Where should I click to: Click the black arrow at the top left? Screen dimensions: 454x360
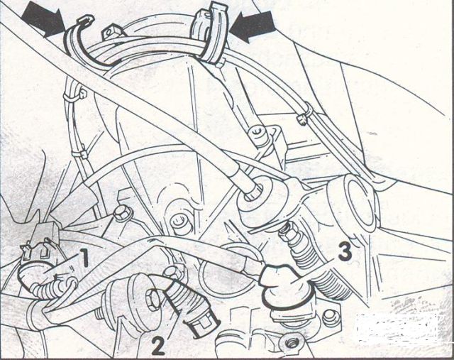44,20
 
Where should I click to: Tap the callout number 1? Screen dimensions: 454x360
84,257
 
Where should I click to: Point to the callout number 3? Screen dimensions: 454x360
344,251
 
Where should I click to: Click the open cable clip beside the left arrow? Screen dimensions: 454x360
81,40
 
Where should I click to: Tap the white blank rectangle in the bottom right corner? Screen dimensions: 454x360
397,327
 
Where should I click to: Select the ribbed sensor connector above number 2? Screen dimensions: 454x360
189,307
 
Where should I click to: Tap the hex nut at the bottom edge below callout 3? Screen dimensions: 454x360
289,344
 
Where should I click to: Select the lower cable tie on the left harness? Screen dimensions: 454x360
79,153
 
